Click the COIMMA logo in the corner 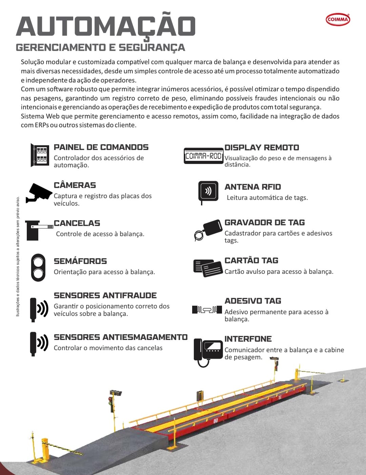[338, 19]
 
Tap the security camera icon [40, 193]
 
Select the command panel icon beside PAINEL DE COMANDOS [40, 155]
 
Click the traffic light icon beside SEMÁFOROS [38, 267]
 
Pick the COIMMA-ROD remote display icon [203, 156]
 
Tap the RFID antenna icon [208, 192]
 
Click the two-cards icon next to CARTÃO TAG [208, 268]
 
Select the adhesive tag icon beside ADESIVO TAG [207, 309]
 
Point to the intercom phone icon [208, 351]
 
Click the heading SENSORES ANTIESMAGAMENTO [121, 337]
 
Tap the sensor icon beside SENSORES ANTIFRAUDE [39, 309]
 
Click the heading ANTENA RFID [252, 187]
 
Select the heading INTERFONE [248, 339]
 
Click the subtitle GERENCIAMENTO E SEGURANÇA [100, 47]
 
